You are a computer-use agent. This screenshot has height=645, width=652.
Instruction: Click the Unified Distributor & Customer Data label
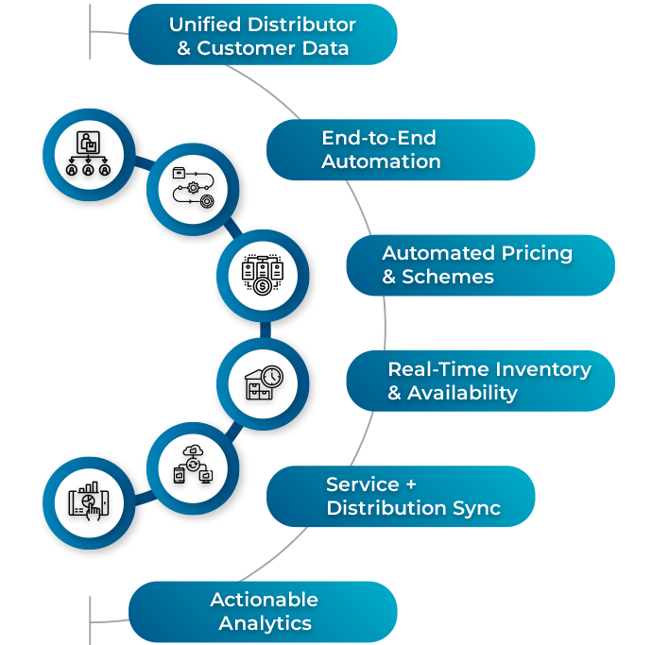coord(262,36)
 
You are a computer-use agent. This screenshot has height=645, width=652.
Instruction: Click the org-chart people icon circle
coord(90,154)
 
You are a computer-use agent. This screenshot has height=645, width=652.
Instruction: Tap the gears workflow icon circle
coord(193,188)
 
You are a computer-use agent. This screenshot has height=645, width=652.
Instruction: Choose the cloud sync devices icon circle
coord(193,467)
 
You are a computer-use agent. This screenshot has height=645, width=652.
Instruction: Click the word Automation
coord(381,161)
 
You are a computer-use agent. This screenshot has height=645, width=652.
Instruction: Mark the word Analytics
coord(265,623)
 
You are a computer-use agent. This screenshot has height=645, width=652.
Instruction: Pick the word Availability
coord(462,393)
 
